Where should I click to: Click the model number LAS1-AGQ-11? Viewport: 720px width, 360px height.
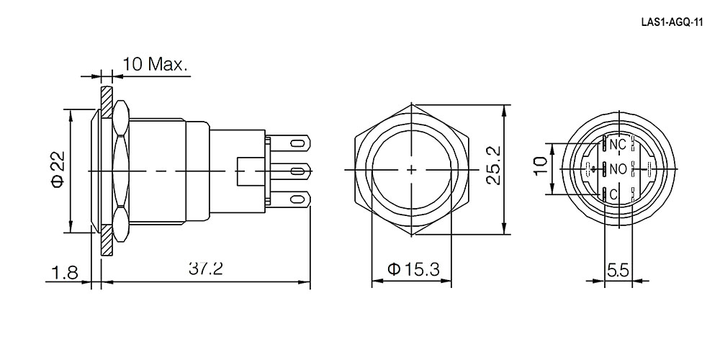672,24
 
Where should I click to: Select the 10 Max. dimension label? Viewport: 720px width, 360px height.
156,64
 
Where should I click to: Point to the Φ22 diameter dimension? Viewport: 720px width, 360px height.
58,170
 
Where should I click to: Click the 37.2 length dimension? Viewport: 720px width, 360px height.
206,269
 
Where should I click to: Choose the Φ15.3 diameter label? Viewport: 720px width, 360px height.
413,269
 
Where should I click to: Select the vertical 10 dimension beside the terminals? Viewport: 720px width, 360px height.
541,166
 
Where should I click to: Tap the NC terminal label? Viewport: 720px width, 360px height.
618,144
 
